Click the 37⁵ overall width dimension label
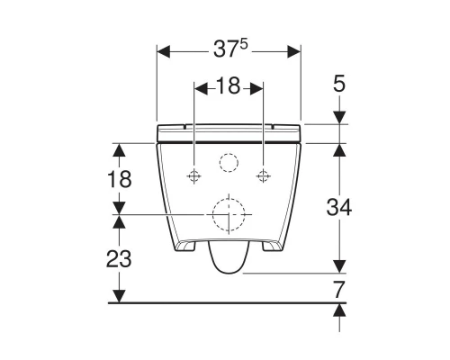point(229,51)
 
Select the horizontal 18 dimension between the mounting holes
point(229,87)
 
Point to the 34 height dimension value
point(338,206)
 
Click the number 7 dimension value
point(338,289)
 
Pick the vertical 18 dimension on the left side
point(119,178)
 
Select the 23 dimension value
point(119,259)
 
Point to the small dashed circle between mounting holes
point(229,164)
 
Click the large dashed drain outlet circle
point(229,214)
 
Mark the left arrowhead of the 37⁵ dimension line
point(163,51)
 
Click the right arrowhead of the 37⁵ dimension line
point(294,51)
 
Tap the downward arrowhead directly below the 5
point(338,117)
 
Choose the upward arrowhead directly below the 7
point(338,310)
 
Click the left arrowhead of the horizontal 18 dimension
point(199,87)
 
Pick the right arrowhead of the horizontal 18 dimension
point(258,87)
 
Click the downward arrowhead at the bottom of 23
point(119,296)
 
